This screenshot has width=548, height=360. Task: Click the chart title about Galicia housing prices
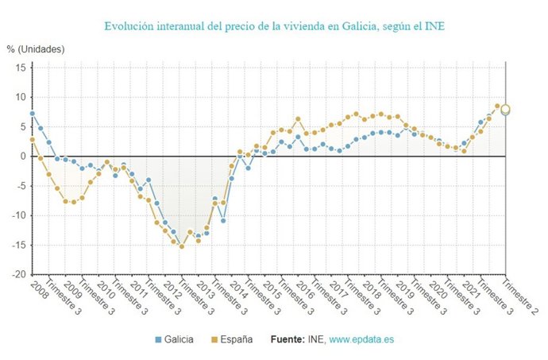273,25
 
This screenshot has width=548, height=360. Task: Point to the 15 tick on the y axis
20,68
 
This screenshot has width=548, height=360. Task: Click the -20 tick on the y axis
17,274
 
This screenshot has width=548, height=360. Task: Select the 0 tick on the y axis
23,156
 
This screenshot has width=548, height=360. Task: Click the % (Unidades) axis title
37,49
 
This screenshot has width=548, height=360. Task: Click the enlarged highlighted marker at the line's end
505,110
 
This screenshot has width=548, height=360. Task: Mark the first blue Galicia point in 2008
32,114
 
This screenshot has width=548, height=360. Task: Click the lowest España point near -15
182,246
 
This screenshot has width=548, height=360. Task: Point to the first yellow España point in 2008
32,139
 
